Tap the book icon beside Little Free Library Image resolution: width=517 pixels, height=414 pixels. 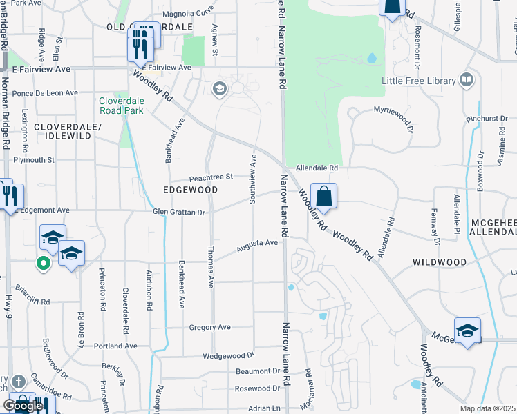point(467,81)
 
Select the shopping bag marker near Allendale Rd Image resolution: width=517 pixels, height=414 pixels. point(323,196)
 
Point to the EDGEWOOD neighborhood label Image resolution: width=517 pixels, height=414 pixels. point(190,190)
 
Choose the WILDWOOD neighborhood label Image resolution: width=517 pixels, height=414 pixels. point(440,263)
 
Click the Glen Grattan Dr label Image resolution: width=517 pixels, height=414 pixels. point(180,213)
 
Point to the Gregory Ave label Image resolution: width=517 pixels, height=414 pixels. point(209,328)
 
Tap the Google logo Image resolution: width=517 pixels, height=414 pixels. point(23,406)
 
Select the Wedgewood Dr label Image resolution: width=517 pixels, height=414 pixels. point(229,357)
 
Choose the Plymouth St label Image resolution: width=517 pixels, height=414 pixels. point(34,160)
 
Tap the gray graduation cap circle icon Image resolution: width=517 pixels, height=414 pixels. point(220,88)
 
